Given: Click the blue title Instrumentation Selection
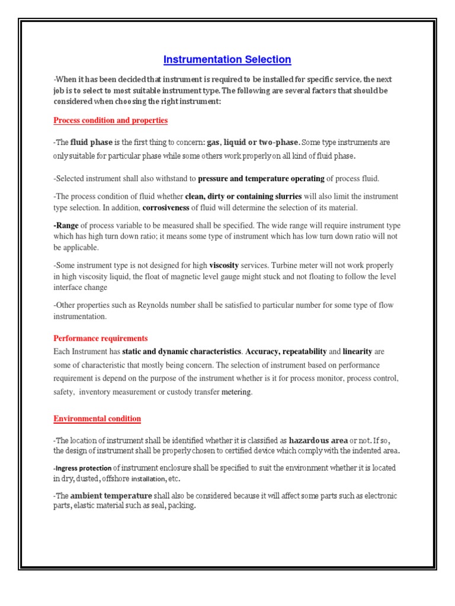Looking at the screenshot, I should tap(227, 59).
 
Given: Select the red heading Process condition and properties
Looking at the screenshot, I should tap(110, 120).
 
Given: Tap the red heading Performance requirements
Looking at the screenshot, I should tap(100, 339).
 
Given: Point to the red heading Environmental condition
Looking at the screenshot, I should tap(97, 418).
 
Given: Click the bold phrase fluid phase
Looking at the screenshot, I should tap(91, 143).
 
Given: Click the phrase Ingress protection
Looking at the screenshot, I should tap(82, 468).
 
